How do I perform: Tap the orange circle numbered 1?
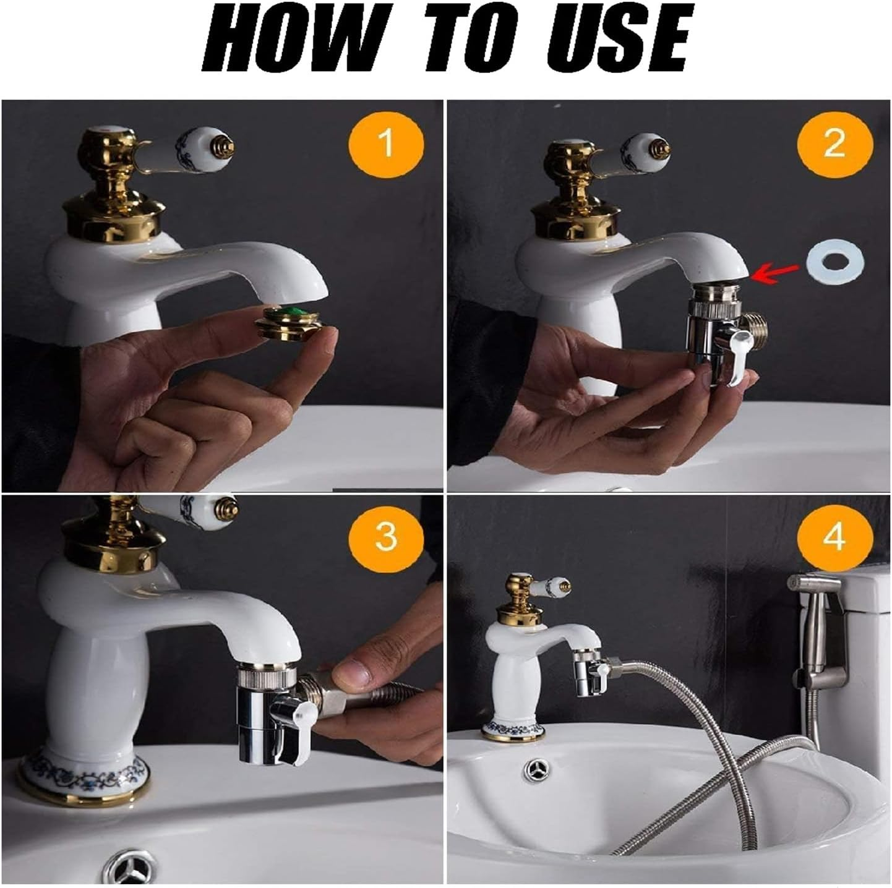(x=386, y=143)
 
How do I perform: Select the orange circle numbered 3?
(x=386, y=536)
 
